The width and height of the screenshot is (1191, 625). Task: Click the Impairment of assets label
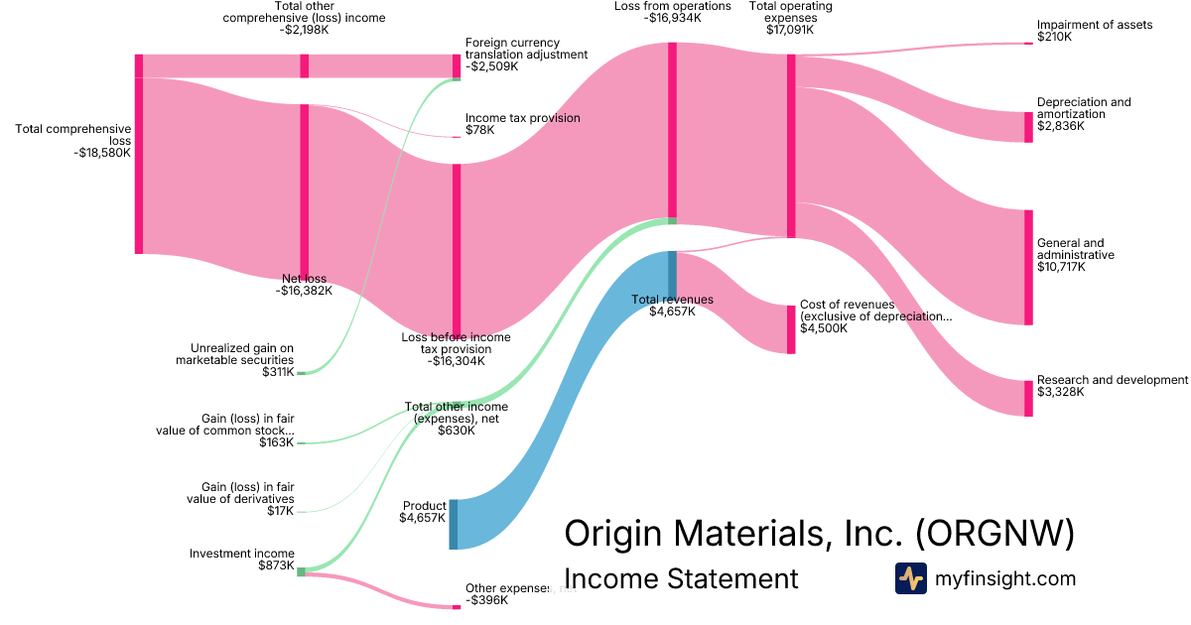click(1095, 25)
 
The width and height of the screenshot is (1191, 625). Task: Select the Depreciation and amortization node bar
click(1028, 127)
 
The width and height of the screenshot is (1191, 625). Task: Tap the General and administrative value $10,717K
click(1061, 267)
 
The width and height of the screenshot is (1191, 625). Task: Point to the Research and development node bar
click(1028, 398)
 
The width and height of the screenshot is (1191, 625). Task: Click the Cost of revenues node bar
click(791, 329)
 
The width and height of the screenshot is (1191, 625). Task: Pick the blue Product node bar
click(454, 524)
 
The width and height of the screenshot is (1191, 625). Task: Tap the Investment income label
click(242, 554)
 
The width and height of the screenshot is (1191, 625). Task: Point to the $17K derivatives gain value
click(281, 511)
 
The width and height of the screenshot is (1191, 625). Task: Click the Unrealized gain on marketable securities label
click(242, 354)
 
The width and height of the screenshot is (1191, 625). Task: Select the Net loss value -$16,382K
click(304, 291)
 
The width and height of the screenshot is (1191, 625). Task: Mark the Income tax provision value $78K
click(479, 130)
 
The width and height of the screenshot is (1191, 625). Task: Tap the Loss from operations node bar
click(672, 129)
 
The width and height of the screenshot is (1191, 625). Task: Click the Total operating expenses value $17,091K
click(790, 30)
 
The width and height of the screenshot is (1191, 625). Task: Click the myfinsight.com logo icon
click(910, 578)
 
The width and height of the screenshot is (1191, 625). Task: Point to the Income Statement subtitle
click(680, 578)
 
